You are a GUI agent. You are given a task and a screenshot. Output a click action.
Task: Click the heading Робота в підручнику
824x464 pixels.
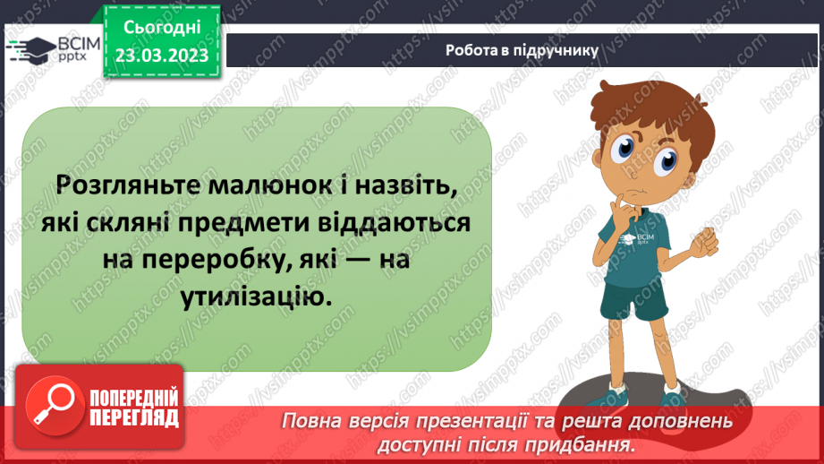522,50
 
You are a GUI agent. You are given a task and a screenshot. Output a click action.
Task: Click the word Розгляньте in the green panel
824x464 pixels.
123,186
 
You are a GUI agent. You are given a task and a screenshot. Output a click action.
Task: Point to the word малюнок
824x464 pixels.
267,186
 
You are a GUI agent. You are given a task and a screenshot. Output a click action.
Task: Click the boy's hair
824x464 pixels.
626,103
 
